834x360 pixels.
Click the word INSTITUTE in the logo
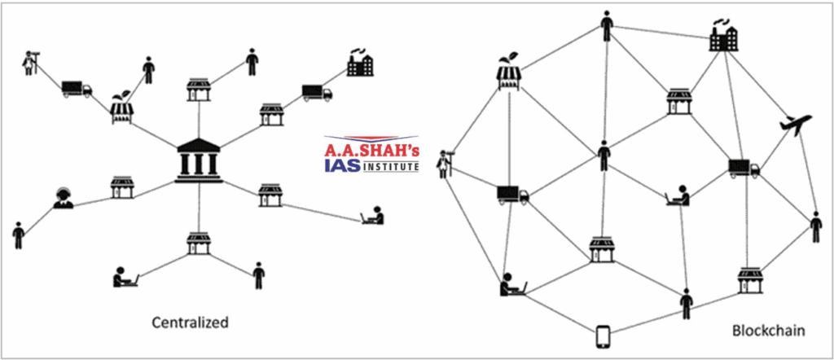tap(390, 166)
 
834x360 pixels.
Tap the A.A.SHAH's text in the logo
tap(371, 149)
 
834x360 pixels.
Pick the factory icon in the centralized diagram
tap(359, 64)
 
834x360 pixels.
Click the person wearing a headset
tap(63, 198)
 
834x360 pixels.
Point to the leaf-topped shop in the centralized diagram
tap(122, 110)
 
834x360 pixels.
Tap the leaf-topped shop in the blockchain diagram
tap(509, 73)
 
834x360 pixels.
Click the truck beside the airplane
tap(744, 169)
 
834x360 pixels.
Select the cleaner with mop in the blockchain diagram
tap(444, 164)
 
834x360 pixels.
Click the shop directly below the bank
tap(199, 242)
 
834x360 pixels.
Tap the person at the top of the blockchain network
tap(606, 25)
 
